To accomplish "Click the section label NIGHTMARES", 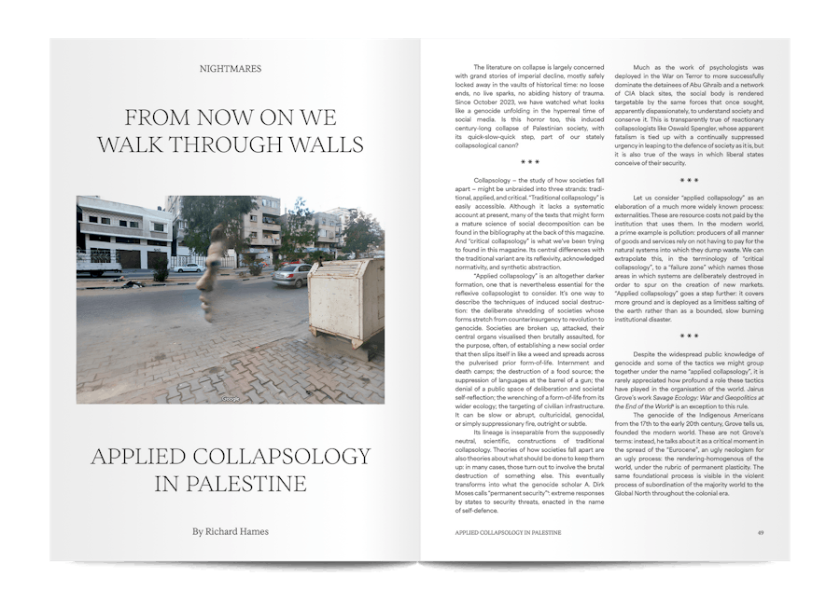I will [x=231, y=69].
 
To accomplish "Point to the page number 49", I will [x=761, y=532].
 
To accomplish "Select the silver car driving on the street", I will [x=292, y=274].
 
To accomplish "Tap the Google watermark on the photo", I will [x=230, y=399].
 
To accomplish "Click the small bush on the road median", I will [x=161, y=273].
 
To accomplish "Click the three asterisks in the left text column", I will [x=529, y=162].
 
